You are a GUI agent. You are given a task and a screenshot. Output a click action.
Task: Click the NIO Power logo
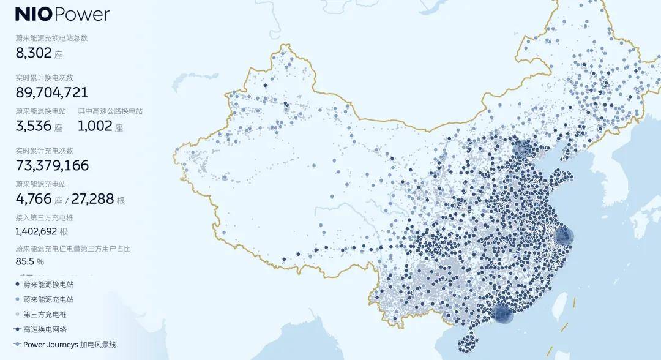coord(62,14)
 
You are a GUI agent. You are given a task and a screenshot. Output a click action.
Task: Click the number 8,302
coord(35,53)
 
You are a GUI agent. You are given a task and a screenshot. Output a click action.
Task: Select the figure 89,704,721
coord(51,92)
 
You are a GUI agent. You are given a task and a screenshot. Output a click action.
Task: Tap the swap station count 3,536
coord(34,127)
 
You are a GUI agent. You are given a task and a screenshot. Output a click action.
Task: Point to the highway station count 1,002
coord(95,127)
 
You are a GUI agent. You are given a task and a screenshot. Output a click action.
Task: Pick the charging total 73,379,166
coord(52,165)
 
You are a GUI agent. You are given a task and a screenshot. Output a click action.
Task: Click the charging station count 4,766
coord(34,199)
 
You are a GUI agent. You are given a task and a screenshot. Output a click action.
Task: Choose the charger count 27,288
coord(92,199)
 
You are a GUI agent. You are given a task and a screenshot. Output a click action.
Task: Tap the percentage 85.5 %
coord(29,261)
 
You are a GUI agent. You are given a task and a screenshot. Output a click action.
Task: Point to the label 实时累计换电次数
coord(44,78)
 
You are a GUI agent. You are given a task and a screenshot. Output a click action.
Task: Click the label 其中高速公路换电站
coord(110,111)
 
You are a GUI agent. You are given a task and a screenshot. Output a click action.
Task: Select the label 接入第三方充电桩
coord(44,218)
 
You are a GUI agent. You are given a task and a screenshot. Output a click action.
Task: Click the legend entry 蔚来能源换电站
coord(48,285)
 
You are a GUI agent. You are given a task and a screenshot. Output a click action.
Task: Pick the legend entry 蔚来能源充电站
coord(48,299)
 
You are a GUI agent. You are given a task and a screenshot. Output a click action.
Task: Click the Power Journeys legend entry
coord(69,345)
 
